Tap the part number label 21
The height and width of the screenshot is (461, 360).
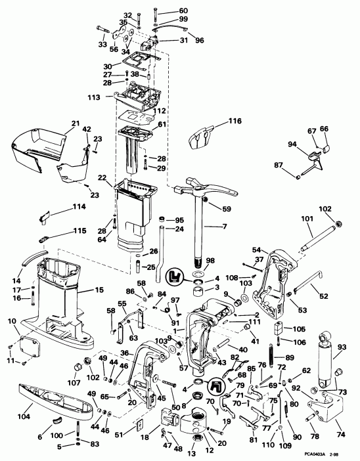76,123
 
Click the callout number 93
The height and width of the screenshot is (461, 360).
342,347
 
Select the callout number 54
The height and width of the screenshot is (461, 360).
256,250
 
